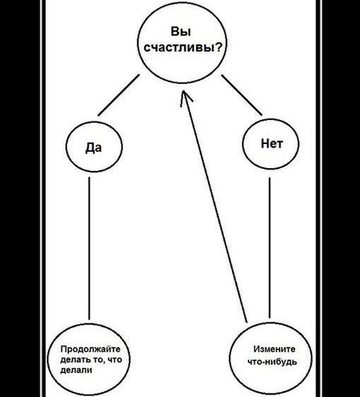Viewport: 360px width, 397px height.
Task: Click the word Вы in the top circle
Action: point(181,32)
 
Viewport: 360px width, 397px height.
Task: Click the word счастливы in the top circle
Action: point(178,47)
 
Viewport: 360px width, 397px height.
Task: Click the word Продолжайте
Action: point(90,349)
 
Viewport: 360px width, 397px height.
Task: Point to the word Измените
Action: point(275,349)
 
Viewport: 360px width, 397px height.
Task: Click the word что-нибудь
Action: point(272,362)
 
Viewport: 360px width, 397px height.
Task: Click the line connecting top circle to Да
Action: point(119,95)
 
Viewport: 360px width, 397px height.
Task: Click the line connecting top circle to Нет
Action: point(241,95)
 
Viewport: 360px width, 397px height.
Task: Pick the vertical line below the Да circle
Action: point(89,249)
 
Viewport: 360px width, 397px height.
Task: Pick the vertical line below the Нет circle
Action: point(270,248)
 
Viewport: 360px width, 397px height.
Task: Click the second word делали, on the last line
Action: point(76,370)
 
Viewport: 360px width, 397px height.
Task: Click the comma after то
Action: point(104,363)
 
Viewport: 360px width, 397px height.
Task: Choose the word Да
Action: point(94,148)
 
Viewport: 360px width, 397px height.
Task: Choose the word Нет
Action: point(272,143)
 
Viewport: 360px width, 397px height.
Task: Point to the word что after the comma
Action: point(114,360)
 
